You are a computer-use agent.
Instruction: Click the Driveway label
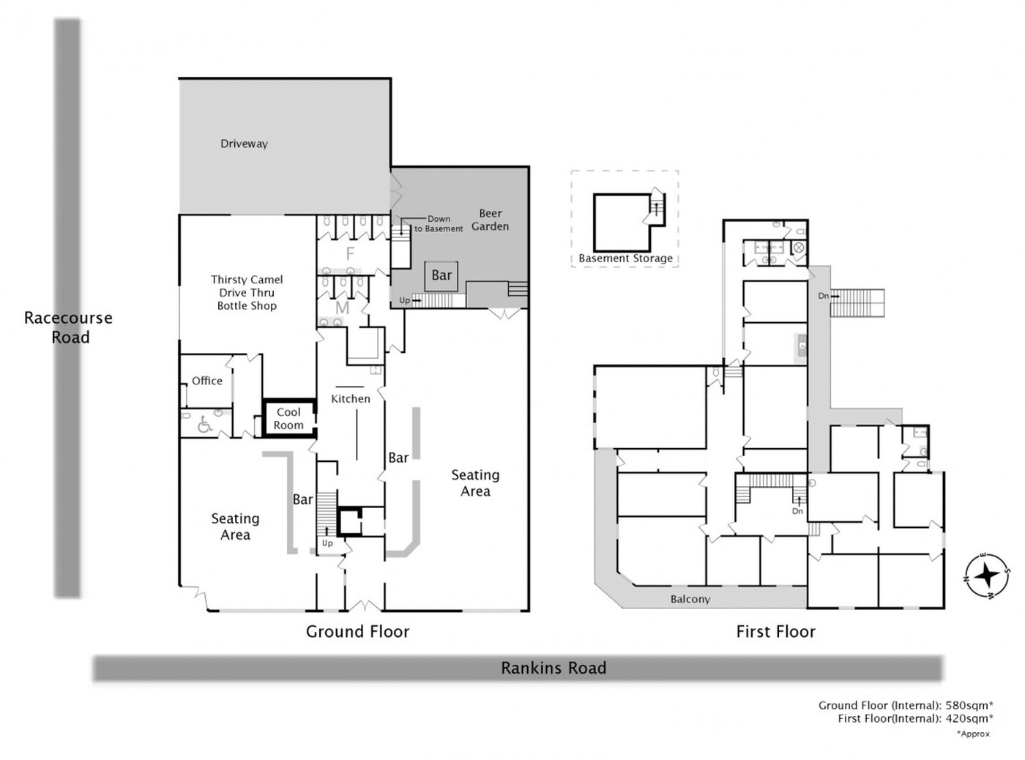pos(244,144)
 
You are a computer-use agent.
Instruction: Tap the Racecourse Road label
pos(68,327)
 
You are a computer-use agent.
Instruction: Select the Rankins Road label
pos(553,668)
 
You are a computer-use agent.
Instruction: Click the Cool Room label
pos(288,418)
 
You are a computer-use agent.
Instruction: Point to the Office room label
pos(207,381)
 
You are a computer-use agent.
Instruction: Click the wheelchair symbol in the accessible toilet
pos(205,425)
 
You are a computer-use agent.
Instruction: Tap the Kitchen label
pos(351,398)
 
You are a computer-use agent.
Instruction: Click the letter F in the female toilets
pos(350,253)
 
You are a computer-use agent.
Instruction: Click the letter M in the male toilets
pos(342,308)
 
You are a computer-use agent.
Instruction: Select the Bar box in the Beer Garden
pos(441,276)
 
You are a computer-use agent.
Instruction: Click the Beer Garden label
pos(490,220)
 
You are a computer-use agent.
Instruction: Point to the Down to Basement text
pos(439,224)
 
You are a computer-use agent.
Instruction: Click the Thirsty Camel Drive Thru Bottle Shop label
pos(247,293)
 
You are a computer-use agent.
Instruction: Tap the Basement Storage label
pos(626,258)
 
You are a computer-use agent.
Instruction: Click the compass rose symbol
pos(987,576)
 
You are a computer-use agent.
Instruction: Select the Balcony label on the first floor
pos(690,599)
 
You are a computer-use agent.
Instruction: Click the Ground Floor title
pos(358,631)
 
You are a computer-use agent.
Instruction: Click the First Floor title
pos(776,631)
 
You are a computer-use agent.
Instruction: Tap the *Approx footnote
pos(973,734)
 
